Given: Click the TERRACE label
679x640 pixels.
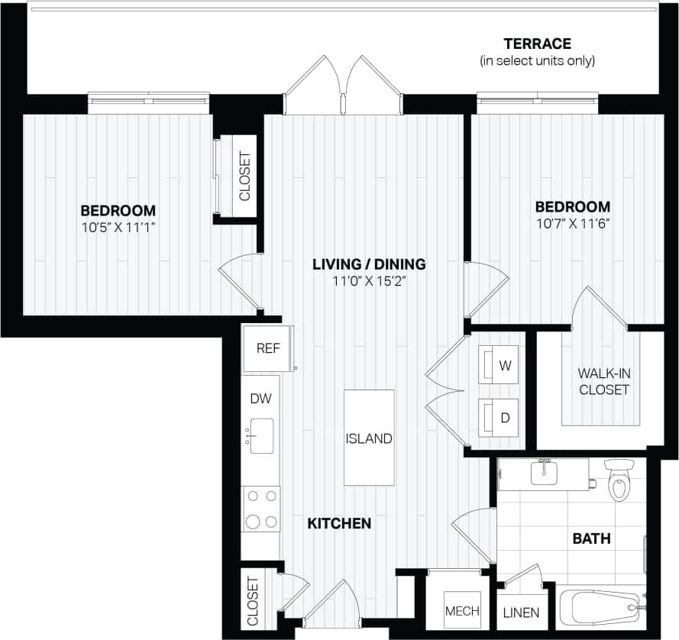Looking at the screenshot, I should (x=537, y=44).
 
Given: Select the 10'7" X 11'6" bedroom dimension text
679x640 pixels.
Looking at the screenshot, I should (x=572, y=223).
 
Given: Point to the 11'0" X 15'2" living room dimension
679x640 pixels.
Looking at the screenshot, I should (x=369, y=281).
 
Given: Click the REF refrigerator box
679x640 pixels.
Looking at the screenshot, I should (x=268, y=348).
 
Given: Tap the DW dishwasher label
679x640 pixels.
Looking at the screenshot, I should (x=260, y=399).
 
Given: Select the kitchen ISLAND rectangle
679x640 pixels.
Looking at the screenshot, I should (x=369, y=438).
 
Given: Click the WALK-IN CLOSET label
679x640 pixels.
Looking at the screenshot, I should (x=603, y=382).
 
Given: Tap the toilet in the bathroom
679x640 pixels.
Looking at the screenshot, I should (x=619, y=480).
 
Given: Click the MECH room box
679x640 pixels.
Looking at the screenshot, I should (x=462, y=610).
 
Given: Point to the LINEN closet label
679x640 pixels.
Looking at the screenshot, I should (x=522, y=613).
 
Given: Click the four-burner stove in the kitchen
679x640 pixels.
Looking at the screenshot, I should (x=261, y=509).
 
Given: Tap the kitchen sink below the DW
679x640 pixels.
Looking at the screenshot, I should (x=260, y=435).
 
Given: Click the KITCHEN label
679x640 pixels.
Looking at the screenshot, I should (x=339, y=523).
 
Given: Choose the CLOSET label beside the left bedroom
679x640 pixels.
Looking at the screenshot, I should (x=244, y=176).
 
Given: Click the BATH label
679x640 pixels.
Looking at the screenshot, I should (x=591, y=538).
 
